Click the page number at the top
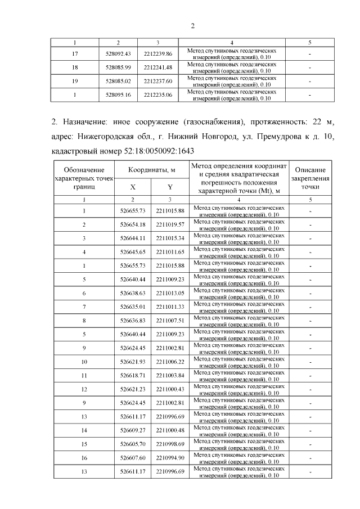pos(192,26)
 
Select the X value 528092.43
pos(118,53)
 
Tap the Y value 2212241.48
pos(157,67)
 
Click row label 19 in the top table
pos(75,81)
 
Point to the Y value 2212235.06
pos(157,94)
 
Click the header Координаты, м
pos(151,170)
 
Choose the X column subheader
pos(133,187)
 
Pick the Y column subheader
pos(170,187)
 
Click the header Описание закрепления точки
pos(310,178)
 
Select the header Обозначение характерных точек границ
pos(84,178)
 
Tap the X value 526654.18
pos(133,225)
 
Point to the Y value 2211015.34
pos(170,238)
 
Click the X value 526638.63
pos(133,293)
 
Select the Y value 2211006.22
pos(170,361)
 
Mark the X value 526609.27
pos(133,430)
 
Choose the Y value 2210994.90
pos(170,457)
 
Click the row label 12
pos(84,389)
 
